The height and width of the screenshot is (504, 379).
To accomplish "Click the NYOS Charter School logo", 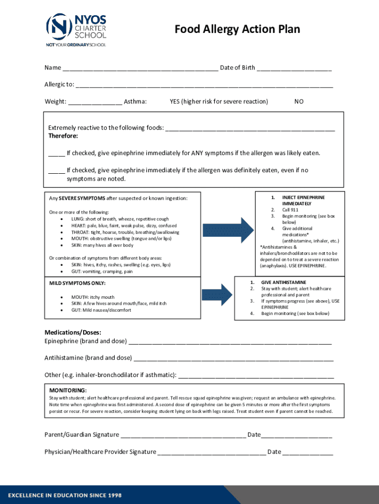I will click(76, 29).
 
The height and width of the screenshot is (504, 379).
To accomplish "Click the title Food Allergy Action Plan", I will click(237, 30).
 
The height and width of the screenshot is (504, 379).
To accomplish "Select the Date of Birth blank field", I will click(294, 68).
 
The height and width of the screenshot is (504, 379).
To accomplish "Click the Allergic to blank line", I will click(204, 85).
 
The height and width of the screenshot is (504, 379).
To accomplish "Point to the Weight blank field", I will click(95, 102).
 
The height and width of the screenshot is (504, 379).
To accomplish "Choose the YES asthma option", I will click(219, 101).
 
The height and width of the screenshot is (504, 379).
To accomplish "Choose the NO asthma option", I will click(299, 101).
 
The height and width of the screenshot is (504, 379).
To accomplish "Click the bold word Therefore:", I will click(63, 136).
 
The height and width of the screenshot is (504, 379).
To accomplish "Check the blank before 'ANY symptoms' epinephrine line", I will click(56, 154).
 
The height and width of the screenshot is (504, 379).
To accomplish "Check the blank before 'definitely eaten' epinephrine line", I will click(56, 171).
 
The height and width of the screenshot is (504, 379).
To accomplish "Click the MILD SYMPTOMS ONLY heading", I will click(77, 283).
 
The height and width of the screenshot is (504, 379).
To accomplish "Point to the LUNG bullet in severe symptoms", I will click(120, 219).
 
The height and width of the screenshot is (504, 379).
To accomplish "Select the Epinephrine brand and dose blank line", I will click(230, 342).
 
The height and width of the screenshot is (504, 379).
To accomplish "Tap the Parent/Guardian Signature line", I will click(183, 435).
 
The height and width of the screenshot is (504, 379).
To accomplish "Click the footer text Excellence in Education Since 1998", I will click(64, 495).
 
